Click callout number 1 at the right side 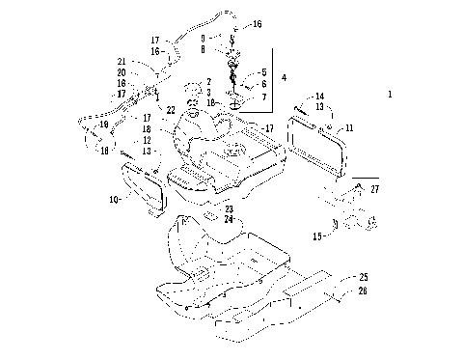coord(390,96)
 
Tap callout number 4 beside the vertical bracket coord(284,77)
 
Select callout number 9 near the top coord(204,37)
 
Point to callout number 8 coord(204,47)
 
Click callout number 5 coord(263,72)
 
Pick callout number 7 coord(263,97)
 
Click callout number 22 coord(171,109)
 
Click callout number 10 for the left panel coord(114,200)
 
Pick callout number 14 coord(320,97)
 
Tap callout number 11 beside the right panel coord(349,126)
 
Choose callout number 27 coord(374,191)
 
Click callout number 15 coord(316,235)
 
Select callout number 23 coord(229,209)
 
